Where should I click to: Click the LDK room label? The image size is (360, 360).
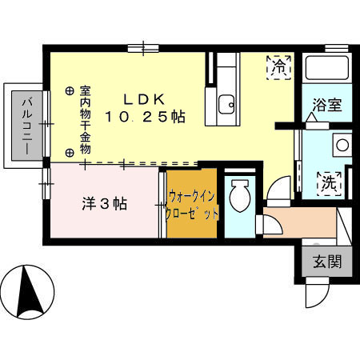point(144,99)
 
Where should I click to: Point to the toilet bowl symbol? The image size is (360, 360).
point(239,195)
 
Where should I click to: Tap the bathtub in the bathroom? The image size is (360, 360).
point(327,69)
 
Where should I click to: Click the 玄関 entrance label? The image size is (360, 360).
point(326,262)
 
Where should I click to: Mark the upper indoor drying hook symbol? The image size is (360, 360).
point(70,90)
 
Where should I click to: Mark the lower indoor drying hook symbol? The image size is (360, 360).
point(70,152)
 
